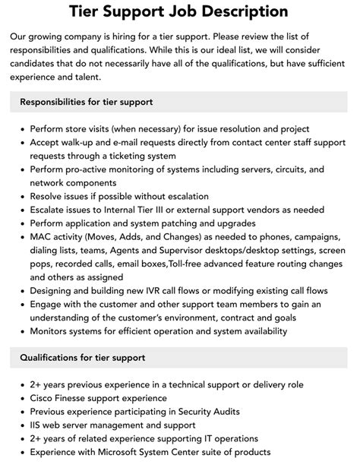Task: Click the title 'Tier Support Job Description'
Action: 178,11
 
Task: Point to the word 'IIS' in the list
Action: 37,425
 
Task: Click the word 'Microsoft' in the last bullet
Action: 110,453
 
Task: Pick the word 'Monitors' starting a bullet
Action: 52,331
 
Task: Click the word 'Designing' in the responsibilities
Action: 55,290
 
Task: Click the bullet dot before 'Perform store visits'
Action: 21,129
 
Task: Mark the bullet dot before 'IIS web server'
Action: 21,425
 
